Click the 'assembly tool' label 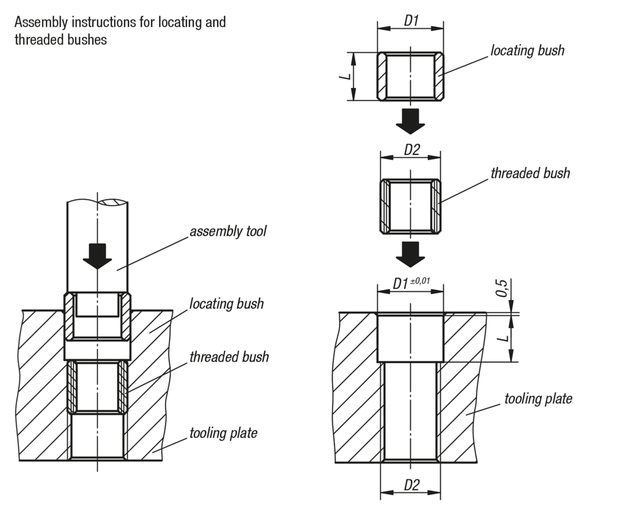228,232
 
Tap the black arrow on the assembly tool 97,256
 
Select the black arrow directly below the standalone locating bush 411,121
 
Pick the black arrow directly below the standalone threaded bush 411,254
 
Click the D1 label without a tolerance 411,21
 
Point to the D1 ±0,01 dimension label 411,283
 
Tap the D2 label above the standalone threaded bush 411,150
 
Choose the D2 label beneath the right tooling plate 411,485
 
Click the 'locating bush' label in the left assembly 226,304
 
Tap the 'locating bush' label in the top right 527,50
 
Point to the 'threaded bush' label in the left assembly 229,357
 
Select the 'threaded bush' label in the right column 530,174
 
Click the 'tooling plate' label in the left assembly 223,433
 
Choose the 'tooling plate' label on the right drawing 538,399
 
